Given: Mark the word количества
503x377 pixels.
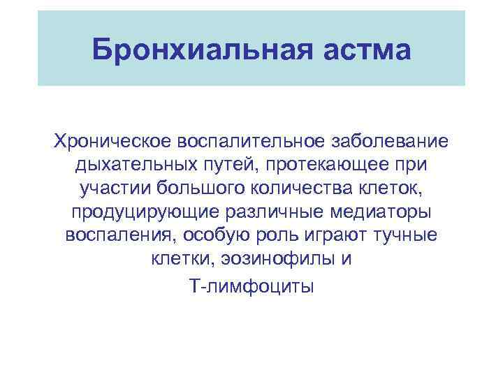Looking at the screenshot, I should tap(301, 189).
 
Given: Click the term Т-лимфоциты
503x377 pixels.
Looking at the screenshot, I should tap(251, 286).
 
